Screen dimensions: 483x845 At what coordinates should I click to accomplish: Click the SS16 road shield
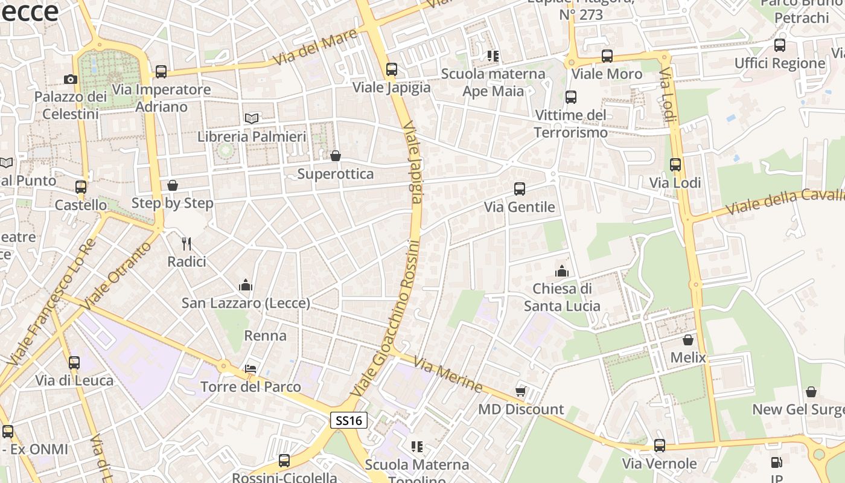pyautogui.click(x=349, y=420)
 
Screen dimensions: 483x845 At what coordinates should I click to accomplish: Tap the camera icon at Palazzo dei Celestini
pyautogui.click(x=71, y=79)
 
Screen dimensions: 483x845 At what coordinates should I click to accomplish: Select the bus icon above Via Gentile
pyautogui.click(x=520, y=189)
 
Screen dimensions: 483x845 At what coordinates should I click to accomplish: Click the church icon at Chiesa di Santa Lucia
pyautogui.click(x=562, y=271)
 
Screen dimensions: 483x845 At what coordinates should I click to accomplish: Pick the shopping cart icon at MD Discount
pyautogui.click(x=521, y=391)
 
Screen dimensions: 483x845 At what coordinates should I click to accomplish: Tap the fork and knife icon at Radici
pyautogui.click(x=187, y=244)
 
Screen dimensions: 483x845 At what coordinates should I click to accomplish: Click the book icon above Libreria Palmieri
pyautogui.click(x=252, y=118)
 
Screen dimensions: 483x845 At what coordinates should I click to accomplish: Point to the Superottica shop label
pyautogui.click(x=336, y=174)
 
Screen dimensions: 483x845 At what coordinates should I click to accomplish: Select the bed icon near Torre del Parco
pyautogui.click(x=250, y=368)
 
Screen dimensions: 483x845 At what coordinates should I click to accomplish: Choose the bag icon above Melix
pyautogui.click(x=688, y=340)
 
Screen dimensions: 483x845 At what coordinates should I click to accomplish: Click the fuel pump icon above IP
pyautogui.click(x=776, y=463)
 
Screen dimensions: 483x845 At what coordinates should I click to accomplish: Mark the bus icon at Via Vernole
pyautogui.click(x=660, y=446)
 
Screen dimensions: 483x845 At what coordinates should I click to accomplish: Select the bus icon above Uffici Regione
pyautogui.click(x=780, y=45)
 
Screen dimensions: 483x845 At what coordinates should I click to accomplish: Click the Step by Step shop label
pyautogui.click(x=173, y=203)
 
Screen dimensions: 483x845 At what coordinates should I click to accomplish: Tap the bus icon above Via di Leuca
pyautogui.click(x=74, y=363)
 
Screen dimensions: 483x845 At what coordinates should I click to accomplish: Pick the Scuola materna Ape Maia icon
pyautogui.click(x=493, y=56)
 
